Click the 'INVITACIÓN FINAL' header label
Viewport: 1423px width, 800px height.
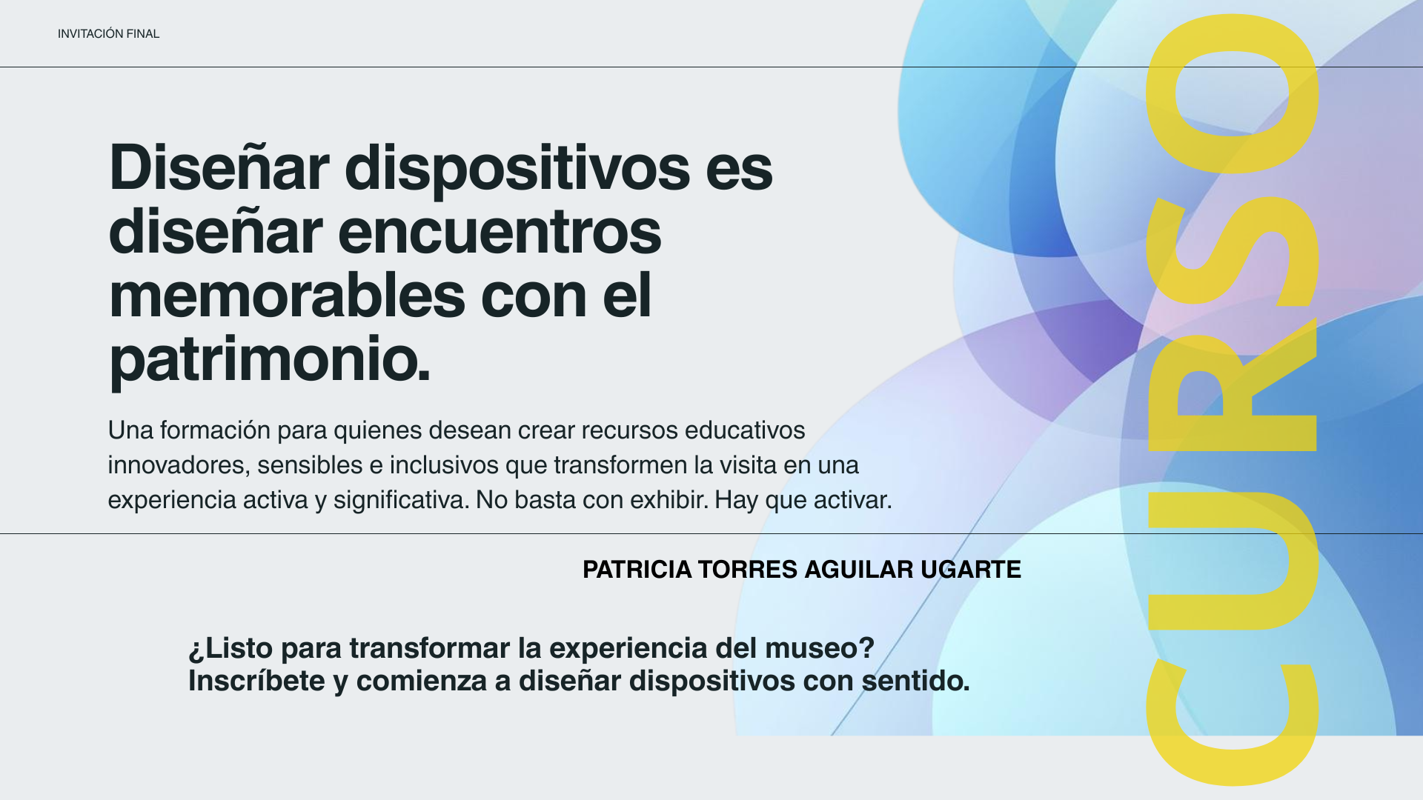[x=108, y=34]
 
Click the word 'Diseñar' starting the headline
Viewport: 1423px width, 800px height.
[x=219, y=167]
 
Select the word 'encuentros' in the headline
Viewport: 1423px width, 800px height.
[x=500, y=232]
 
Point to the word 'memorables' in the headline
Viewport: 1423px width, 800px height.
[x=287, y=295]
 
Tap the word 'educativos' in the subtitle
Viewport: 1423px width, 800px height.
[x=745, y=430]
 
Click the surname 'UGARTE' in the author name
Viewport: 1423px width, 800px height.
[x=971, y=570]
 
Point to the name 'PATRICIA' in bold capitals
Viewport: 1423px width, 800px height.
[x=637, y=570]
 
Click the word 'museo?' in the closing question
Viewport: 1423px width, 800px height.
[x=820, y=648]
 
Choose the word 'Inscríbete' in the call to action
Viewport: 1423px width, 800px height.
[x=256, y=681]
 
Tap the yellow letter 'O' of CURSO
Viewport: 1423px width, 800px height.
[x=1233, y=94]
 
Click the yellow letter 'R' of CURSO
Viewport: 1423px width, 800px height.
[x=1233, y=385]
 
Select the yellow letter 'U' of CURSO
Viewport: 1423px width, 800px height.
[x=1233, y=561]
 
